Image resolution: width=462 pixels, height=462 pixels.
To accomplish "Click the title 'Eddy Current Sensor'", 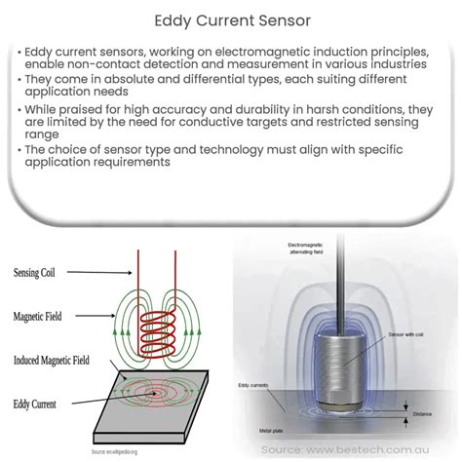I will click(231, 19).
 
